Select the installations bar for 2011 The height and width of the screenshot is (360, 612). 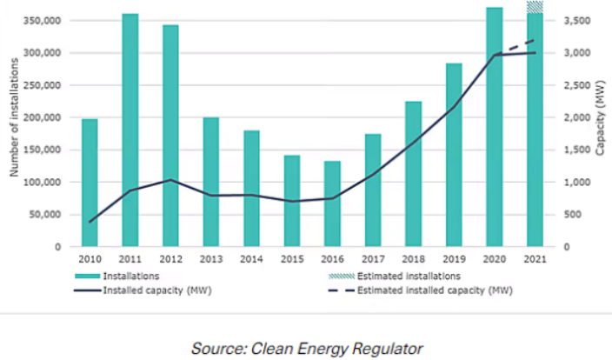coord(130,130)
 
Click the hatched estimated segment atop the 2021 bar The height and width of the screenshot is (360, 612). coord(535,7)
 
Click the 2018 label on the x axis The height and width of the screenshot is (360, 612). coord(413,258)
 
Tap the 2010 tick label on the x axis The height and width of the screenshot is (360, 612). coord(89,258)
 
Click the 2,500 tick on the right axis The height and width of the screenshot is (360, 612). coord(573,85)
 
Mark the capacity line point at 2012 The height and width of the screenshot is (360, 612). coord(170,180)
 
